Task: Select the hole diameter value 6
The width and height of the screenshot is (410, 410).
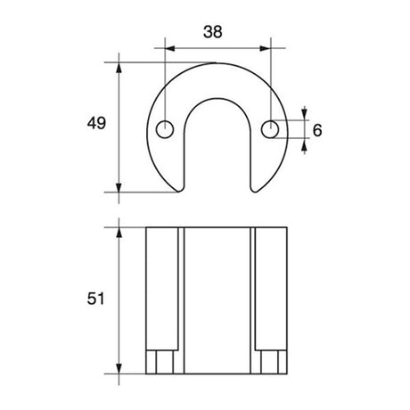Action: (318, 130)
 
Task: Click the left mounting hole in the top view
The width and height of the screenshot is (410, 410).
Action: (165, 130)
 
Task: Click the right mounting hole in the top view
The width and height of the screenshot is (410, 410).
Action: (270, 130)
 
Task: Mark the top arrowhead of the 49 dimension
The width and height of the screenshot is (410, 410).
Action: (119, 67)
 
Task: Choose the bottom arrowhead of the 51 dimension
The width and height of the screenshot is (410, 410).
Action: (119, 369)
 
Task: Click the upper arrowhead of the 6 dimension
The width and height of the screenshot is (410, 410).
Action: (306, 115)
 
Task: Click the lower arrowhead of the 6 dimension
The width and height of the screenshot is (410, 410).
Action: (306, 144)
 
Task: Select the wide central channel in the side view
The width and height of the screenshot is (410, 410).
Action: (217, 299)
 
